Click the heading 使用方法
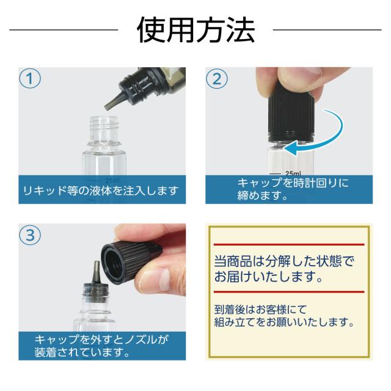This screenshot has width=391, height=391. click(195, 30)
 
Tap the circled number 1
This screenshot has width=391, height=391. click(30, 78)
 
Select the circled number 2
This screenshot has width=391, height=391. click(217, 79)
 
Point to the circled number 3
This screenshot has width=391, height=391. click(30, 235)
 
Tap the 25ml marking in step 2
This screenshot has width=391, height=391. click(293, 174)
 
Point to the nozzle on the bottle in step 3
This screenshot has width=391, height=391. click(97, 274)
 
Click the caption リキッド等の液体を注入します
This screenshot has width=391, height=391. click(100, 191)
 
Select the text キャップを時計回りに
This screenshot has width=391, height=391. click(293, 183)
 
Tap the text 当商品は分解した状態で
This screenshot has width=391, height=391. click(284, 261)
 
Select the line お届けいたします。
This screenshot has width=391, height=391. click(269, 277)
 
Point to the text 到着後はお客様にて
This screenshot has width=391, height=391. click(260, 310)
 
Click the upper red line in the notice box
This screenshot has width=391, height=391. click(289, 244)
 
